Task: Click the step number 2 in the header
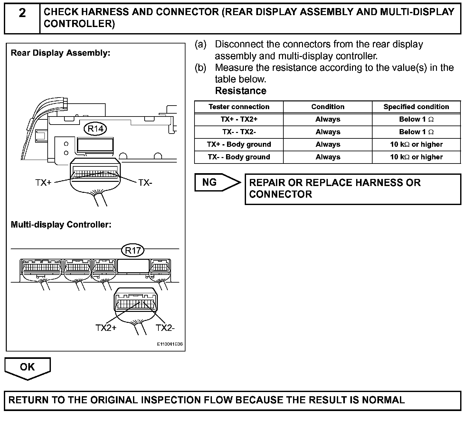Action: coord(22,13)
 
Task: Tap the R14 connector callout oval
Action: coord(95,129)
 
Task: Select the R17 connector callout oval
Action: coord(133,250)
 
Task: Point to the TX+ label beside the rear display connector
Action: coord(43,183)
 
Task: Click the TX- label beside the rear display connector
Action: coord(145,183)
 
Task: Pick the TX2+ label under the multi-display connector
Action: coord(106,328)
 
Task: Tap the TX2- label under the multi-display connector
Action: coord(165,328)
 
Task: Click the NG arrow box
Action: coord(217,182)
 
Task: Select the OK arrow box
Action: coord(27,367)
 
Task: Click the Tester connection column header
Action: coord(239,107)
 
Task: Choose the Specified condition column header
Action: coord(416,107)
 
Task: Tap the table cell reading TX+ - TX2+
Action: coord(239,119)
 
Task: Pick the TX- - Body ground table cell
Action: coord(239,157)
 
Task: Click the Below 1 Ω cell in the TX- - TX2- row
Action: coord(416,132)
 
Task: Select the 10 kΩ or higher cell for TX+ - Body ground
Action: coord(416,145)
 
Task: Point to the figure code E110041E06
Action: coord(170,344)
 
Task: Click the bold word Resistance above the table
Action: coord(241,91)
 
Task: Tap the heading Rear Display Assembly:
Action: coord(61,53)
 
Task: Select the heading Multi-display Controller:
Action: coord(61,224)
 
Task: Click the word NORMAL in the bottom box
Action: coord(383,400)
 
